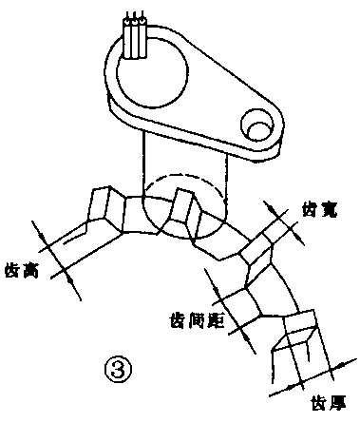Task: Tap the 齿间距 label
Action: (195, 317)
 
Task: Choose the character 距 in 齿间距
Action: (214, 317)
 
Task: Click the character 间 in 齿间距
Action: (195, 317)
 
